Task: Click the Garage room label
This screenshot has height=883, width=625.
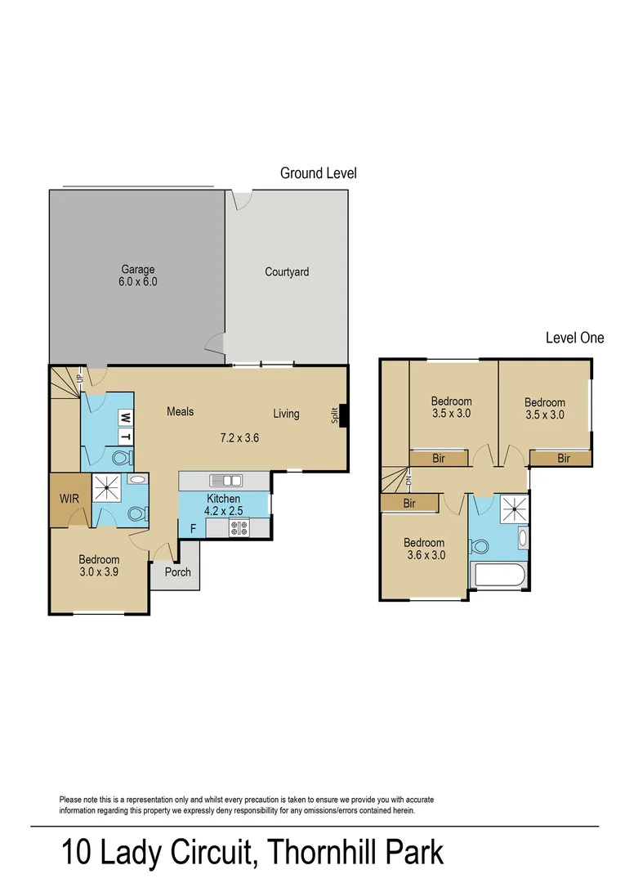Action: [138, 269]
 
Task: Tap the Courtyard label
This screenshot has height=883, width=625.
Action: [287, 272]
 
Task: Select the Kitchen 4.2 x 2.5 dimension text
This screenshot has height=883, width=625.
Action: [223, 511]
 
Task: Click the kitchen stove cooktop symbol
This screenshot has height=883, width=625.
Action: [239, 528]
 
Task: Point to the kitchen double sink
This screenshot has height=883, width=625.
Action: [225, 481]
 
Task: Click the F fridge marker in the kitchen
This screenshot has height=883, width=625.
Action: [193, 529]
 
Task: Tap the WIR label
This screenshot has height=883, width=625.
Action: [69, 499]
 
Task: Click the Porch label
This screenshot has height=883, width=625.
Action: [178, 572]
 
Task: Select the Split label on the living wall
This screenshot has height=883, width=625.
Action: [335, 415]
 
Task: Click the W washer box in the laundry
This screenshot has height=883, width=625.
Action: [126, 418]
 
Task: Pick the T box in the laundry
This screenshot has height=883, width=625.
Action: [126, 437]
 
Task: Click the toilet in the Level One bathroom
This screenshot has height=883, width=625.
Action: [480, 546]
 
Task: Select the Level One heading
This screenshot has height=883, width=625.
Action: [575, 338]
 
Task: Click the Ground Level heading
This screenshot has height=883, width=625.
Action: [319, 173]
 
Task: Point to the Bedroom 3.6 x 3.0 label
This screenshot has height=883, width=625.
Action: [424, 549]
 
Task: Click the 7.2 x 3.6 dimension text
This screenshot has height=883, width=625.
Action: [239, 437]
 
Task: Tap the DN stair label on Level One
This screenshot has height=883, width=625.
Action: [409, 481]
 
